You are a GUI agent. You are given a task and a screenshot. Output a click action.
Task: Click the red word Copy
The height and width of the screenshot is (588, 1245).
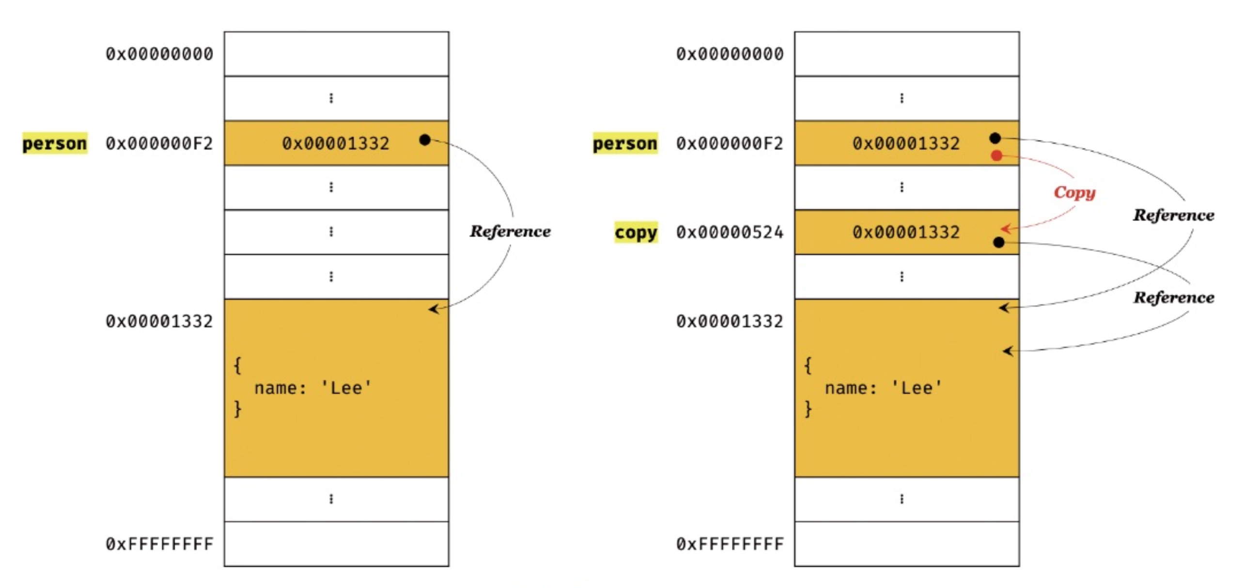click(1074, 192)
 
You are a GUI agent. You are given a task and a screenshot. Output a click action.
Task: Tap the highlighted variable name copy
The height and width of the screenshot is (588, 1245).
click(636, 232)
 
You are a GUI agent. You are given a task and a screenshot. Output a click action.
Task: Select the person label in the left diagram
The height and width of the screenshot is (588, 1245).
click(55, 143)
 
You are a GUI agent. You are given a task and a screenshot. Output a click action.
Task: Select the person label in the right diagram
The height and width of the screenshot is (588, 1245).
click(625, 143)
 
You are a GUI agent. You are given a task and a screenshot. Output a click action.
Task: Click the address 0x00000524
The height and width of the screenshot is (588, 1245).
click(730, 232)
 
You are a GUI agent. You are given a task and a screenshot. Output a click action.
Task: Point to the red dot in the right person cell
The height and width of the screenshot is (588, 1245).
click(996, 155)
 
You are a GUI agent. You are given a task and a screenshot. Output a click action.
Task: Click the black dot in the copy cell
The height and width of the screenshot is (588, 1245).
click(998, 242)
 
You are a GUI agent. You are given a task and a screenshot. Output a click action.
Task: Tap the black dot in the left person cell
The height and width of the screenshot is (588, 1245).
click(425, 140)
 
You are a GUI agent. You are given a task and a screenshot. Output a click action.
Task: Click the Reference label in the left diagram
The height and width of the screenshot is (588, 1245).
click(510, 232)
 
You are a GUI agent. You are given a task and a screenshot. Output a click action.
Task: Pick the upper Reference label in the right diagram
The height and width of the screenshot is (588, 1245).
click(1173, 215)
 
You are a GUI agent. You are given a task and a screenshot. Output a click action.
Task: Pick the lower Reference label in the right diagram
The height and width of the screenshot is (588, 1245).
click(1173, 297)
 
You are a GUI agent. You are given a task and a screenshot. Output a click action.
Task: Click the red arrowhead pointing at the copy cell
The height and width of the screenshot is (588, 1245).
click(1006, 229)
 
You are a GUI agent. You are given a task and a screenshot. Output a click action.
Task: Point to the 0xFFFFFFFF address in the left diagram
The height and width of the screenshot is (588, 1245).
click(159, 544)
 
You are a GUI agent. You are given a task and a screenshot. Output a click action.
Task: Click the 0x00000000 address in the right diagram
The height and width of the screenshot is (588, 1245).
click(730, 54)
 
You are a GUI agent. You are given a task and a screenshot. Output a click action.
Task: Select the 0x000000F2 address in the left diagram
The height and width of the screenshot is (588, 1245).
click(159, 143)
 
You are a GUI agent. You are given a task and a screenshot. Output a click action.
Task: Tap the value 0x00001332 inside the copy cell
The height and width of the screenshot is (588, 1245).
click(906, 232)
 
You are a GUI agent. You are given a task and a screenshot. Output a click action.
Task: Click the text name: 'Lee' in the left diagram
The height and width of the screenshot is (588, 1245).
click(313, 388)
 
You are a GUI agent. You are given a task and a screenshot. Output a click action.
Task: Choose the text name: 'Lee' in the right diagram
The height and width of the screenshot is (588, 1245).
click(884, 388)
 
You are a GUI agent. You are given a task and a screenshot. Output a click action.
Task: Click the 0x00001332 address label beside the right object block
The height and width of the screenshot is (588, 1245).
click(730, 321)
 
